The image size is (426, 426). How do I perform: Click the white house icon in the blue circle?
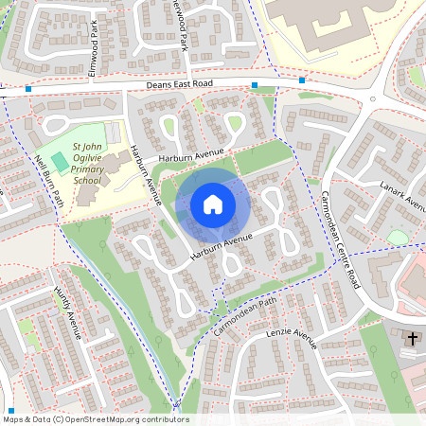point(213,204)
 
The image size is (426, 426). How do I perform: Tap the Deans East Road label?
point(180,84)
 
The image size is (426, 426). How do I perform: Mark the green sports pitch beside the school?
point(61,160)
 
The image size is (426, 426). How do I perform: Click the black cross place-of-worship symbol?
point(412,337)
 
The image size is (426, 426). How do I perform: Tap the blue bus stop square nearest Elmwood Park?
point(28,89)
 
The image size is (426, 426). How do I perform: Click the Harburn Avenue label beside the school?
point(142,174)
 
